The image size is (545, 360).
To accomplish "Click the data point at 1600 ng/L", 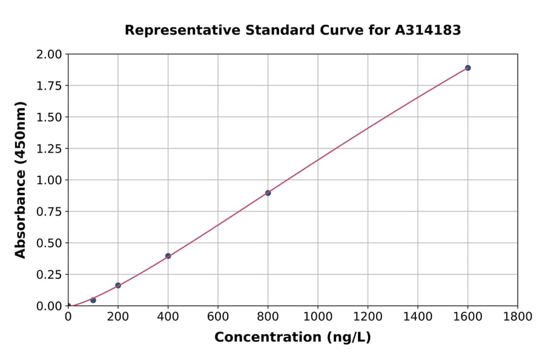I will (x=467, y=68).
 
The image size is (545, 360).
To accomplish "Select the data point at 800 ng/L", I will (x=268, y=193).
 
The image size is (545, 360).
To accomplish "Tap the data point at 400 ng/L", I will (x=168, y=256).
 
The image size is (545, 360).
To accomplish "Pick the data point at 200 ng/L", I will (x=118, y=285).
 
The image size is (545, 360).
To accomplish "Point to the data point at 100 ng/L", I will (x=93, y=300).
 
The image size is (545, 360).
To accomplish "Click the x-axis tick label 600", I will (x=218, y=316).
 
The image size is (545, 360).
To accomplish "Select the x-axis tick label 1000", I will (x=318, y=316).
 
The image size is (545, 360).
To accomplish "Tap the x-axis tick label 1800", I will (x=517, y=316).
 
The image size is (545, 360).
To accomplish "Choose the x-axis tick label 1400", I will (x=418, y=316).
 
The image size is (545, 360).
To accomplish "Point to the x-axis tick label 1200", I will (x=368, y=316).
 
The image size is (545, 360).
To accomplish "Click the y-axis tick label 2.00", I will (x=49, y=55).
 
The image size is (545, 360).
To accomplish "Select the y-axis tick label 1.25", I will (x=49, y=148).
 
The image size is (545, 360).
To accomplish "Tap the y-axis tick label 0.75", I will (x=49, y=212).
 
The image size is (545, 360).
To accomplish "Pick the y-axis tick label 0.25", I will (x=49, y=275).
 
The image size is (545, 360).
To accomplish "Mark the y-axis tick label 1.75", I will (x=49, y=86).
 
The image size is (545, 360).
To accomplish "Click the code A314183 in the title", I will (x=428, y=30).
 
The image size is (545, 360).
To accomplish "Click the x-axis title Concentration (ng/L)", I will (x=292, y=338).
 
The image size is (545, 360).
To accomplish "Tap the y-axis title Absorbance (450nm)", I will (x=21, y=179).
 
